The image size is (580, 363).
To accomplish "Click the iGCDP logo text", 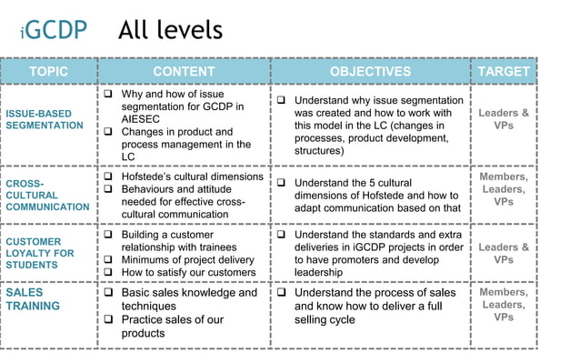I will pyautogui.click(x=55, y=31).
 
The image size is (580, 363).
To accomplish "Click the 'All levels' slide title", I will pyautogui.click(x=170, y=30).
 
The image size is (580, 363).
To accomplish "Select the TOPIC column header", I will pyautogui.click(x=49, y=71).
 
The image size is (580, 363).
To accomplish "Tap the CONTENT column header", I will pyautogui.click(x=184, y=71).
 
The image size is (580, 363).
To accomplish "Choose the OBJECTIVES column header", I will pyautogui.click(x=370, y=71).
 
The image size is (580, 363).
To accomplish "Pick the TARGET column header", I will pyautogui.click(x=503, y=71).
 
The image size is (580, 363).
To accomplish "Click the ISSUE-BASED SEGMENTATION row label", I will pyautogui.click(x=45, y=119).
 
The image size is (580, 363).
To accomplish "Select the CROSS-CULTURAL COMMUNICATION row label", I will pyautogui.click(x=47, y=195).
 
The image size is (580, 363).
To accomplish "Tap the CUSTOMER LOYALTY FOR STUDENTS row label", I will pyautogui.click(x=40, y=254).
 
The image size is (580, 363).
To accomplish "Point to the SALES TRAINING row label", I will pyautogui.click(x=34, y=299).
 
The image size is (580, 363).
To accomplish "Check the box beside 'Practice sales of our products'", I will pyautogui.click(x=107, y=320).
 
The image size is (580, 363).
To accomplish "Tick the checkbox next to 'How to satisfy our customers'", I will pyautogui.click(x=107, y=272).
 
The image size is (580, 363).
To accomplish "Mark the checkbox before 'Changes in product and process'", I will pyautogui.click(x=107, y=132).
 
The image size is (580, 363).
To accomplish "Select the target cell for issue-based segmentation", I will pyautogui.click(x=503, y=119).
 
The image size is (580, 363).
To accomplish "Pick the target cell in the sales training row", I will pyautogui.click(x=503, y=305).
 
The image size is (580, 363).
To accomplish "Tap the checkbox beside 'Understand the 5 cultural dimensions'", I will pyautogui.click(x=282, y=183).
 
